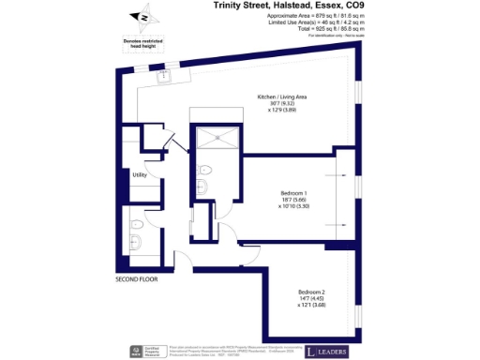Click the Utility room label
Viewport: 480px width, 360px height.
click(x=140, y=174)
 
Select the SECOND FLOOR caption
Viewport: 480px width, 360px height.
click(x=137, y=279)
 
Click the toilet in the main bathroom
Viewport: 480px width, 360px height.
click(x=137, y=223)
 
